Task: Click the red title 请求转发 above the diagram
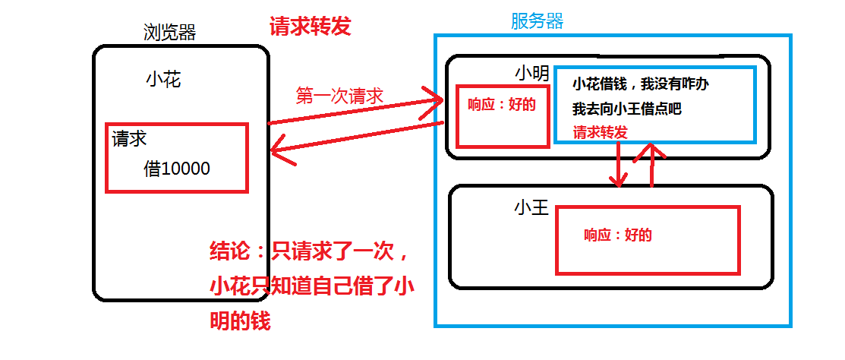point(311,27)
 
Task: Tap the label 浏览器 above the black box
point(169,32)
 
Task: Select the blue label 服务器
point(537,21)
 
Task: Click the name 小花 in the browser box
point(163,79)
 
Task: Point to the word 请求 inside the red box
point(129,139)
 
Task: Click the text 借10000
point(177,169)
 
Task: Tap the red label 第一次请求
point(339,96)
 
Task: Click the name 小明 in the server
point(531,74)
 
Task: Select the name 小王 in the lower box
point(531,207)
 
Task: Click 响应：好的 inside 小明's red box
point(502,105)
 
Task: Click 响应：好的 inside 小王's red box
point(617,235)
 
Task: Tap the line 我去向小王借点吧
point(626,109)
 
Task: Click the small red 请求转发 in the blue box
point(600,131)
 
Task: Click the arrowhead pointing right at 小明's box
point(436,99)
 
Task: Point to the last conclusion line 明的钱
point(239,321)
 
